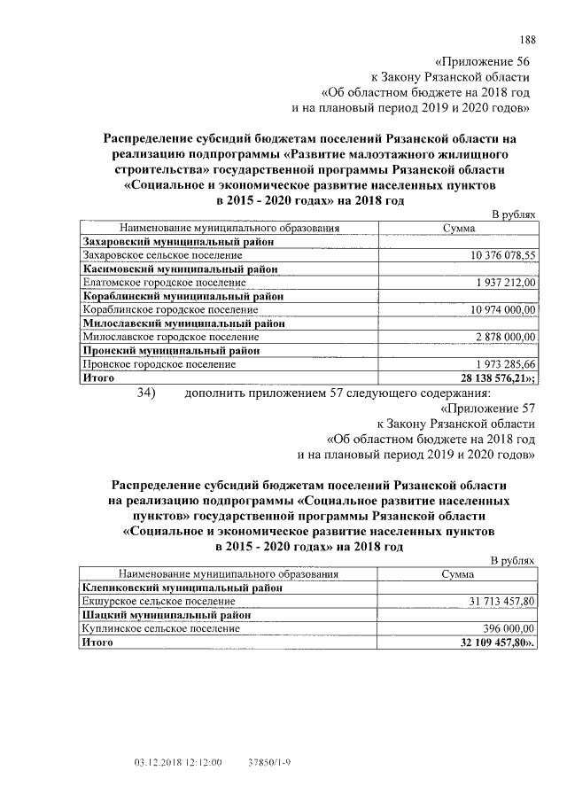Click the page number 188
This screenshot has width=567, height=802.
click(527, 39)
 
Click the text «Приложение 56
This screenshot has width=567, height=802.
click(485, 61)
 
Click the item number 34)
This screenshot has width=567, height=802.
click(153, 393)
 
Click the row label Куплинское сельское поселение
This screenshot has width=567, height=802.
click(160, 628)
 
